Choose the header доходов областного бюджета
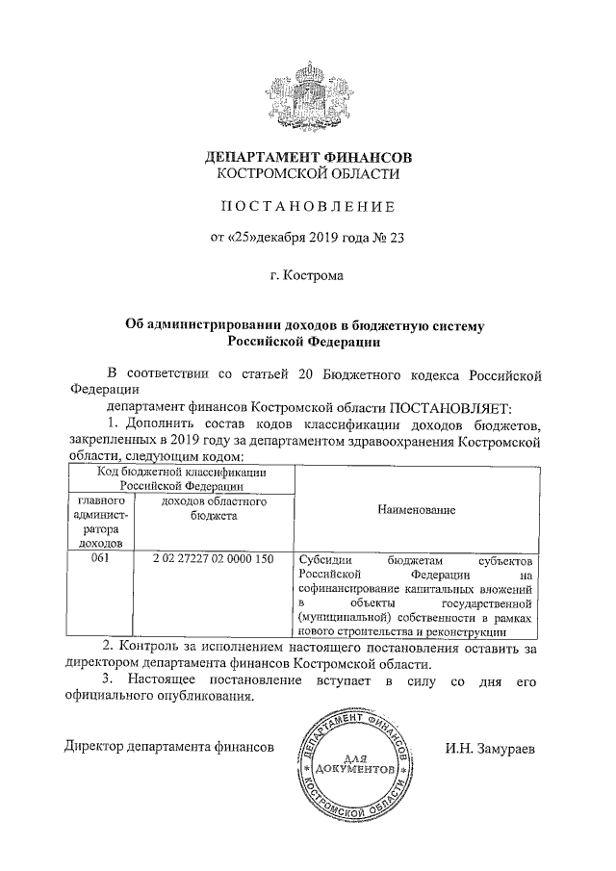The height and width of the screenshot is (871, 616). pyautogui.click(x=213, y=509)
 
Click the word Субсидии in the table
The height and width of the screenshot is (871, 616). pyautogui.click(x=325, y=559)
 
